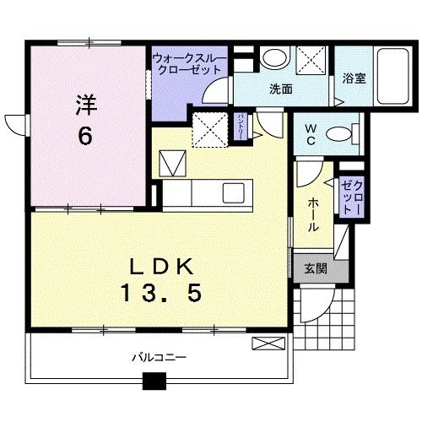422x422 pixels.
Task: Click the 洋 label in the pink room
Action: tap(85, 106)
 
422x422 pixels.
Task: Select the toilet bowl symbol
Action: tap(339, 133)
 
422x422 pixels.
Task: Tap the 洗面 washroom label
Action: tap(281, 87)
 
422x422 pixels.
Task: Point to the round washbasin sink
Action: tap(272, 59)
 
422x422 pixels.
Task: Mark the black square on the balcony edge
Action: tap(154, 381)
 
